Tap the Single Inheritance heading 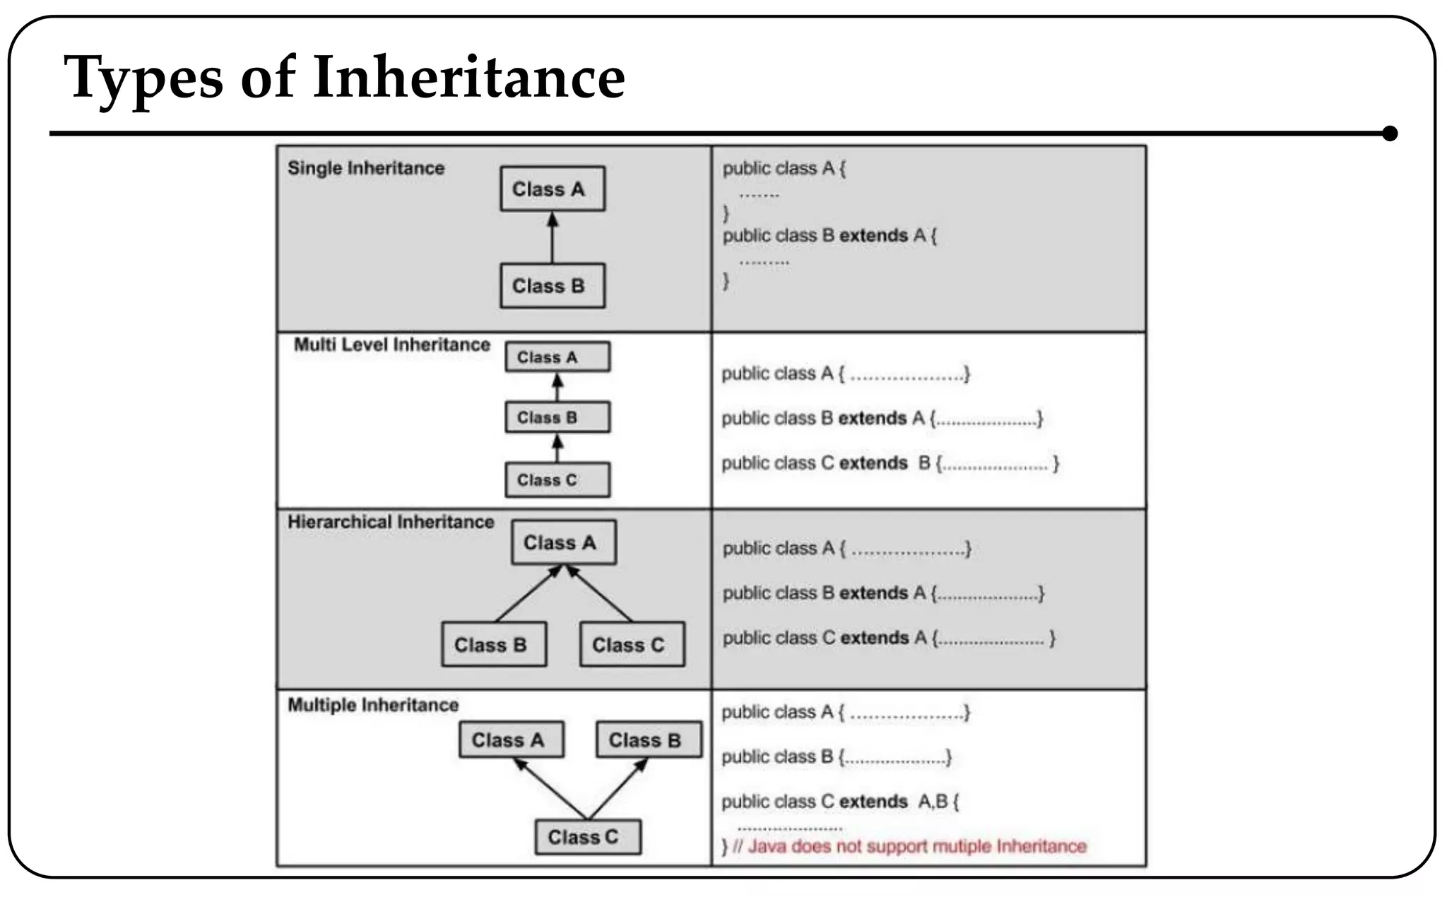coord(366,168)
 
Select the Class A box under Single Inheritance coord(553,189)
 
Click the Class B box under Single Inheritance coord(553,285)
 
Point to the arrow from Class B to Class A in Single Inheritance coord(553,239)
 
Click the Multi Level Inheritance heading coord(392,345)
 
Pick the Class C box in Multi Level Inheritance coord(557,480)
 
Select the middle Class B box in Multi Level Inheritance coord(557,417)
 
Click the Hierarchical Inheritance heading coord(391,522)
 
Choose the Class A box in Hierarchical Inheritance coord(563,542)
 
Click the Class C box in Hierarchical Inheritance coord(632,644)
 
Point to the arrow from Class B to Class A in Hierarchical coord(528,594)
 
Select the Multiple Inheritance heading coord(373,705)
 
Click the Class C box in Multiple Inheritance coord(588,837)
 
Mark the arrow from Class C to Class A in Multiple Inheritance coord(550,788)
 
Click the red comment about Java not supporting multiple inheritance coord(916,846)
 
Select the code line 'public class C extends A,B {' coord(840,802)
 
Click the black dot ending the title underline coord(1389,133)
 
